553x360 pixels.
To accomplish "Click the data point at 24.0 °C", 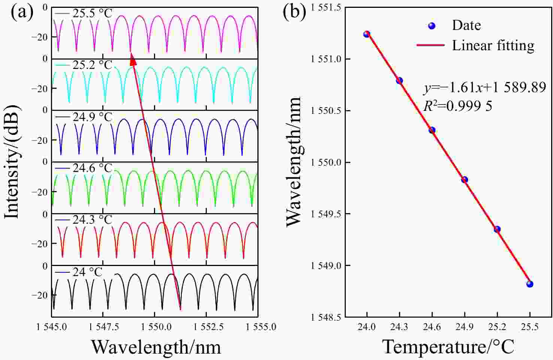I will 367,34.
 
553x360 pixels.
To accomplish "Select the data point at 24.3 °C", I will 399,81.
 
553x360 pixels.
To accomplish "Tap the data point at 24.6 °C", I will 432,130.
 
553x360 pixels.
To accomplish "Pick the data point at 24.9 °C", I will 465,180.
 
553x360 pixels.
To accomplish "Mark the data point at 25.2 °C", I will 497,229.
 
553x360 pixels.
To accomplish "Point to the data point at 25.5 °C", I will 530,284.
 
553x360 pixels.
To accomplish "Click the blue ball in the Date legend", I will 432,26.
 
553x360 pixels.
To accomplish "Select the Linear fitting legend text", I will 493,45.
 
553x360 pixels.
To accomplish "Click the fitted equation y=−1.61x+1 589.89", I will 485,88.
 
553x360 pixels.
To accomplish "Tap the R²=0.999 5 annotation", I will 458,106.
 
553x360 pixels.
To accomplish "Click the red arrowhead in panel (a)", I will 133,59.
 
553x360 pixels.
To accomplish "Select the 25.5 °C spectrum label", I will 92,13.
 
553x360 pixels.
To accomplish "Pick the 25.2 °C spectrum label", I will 92,65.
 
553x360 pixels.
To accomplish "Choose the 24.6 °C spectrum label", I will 92,168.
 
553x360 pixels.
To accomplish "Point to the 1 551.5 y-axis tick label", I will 326,8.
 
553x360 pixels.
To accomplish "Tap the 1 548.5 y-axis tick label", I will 326,317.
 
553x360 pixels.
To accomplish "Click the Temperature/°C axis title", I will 448,347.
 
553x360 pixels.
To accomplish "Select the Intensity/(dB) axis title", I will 12,161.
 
